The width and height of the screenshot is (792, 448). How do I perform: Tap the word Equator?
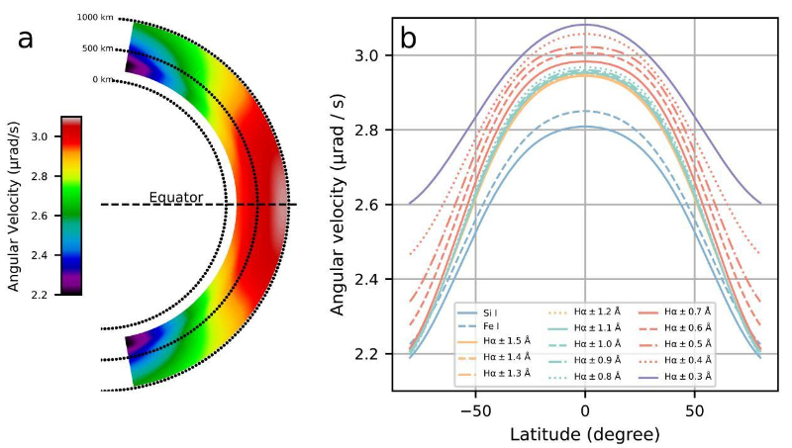click(176, 197)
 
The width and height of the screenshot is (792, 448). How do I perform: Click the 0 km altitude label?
click(102, 79)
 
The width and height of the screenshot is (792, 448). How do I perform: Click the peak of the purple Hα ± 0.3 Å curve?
click(585, 24)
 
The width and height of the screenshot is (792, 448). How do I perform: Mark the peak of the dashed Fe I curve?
click(585, 111)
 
